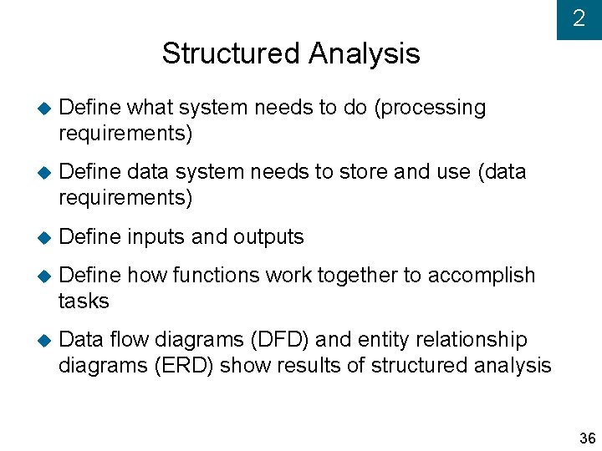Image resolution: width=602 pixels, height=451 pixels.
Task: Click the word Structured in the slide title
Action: (232, 53)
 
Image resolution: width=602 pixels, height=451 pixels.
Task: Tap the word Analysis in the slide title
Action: (364, 53)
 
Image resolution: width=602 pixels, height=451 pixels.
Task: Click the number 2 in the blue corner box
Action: (579, 19)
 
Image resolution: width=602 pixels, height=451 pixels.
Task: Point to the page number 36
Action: (587, 438)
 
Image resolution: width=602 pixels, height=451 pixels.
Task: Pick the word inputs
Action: (156, 237)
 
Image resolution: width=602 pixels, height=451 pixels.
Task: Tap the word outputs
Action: (268, 237)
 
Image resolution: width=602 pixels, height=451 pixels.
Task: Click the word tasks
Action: (84, 301)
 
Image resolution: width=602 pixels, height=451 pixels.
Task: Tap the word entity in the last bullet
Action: (382, 340)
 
